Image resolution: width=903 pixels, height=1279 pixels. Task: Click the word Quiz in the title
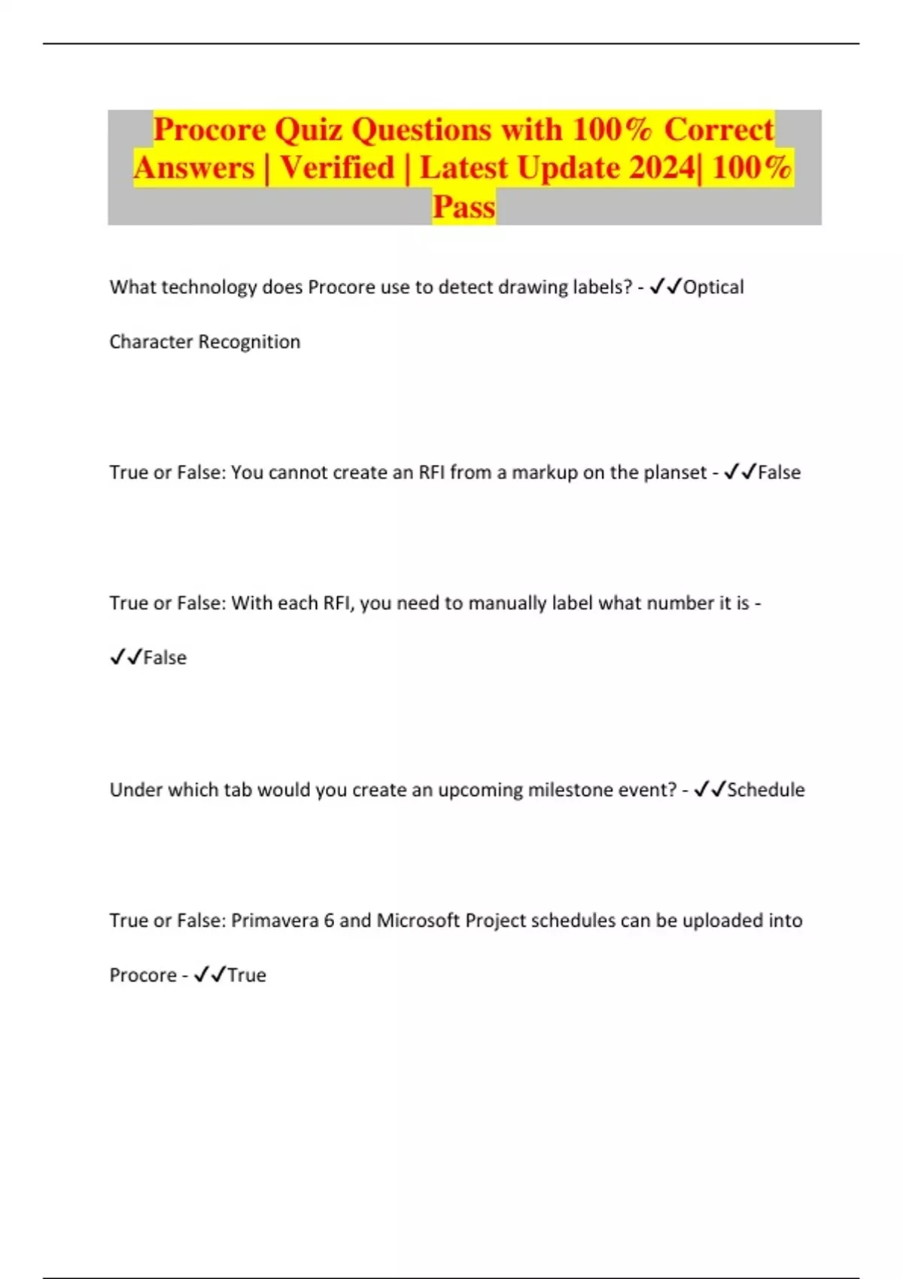pos(309,130)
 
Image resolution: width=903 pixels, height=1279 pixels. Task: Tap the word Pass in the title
pos(464,207)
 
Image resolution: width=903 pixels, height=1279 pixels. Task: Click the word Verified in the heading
pos(337,168)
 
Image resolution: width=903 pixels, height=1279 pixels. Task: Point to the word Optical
pos(713,287)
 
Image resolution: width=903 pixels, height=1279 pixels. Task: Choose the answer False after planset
pos(779,472)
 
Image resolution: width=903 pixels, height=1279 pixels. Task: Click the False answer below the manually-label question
pos(165,658)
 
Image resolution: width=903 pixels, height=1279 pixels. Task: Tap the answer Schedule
pos(765,790)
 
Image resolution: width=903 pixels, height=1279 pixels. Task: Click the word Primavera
pos(275,921)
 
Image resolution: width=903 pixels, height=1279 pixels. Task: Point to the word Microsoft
pos(418,921)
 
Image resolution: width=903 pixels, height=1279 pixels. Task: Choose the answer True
pos(247,976)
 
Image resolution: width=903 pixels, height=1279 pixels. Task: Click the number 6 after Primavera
pos(329,921)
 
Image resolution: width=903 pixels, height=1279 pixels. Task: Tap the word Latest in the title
pos(464,168)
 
